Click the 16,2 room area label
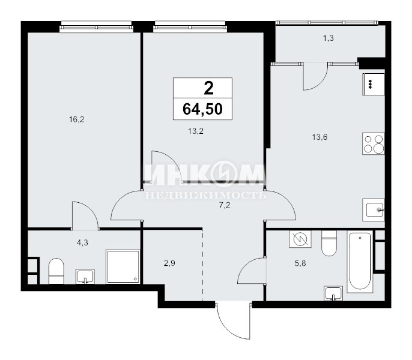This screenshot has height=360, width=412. click(x=76, y=120)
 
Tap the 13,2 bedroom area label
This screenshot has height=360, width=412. click(x=196, y=131)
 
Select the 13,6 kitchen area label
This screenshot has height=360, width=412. click(x=320, y=137)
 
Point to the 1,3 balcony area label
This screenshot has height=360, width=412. click(x=328, y=38)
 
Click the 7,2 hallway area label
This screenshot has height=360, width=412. click(x=225, y=205)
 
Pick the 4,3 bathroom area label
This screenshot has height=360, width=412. click(x=82, y=243)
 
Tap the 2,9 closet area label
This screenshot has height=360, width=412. click(x=169, y=263)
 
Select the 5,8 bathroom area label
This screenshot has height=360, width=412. click(x=300, y=263)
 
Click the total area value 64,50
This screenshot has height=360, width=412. click(x=202, y=109)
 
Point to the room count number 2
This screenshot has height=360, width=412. click(x=208, y=88)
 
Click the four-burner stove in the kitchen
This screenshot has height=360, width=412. click(x=374, y=143)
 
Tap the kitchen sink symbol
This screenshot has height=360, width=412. click(x=374, y=209)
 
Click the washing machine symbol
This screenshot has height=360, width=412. click(x=300, y=239)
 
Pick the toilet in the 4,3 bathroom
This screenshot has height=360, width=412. click(x=56, y=271)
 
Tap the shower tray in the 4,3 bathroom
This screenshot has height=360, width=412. click(x=123, y=267)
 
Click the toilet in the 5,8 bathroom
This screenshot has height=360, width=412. click(x=329, y=244)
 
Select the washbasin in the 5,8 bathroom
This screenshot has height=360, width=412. click(x=333, y=293)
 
